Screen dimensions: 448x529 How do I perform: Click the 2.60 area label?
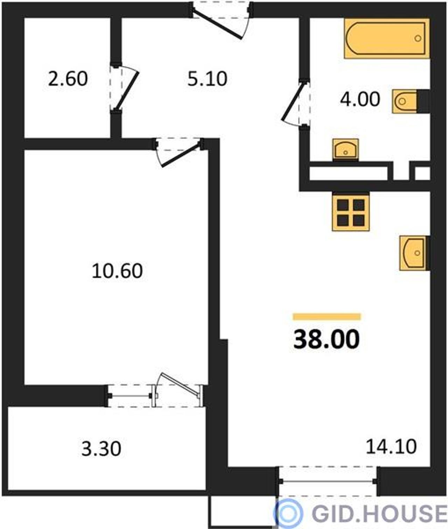68,79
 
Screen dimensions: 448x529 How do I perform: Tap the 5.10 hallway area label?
207,79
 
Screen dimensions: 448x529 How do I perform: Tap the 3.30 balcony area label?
101,449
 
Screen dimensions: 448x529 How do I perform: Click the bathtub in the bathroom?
387,39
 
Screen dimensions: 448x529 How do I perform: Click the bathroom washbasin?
345,150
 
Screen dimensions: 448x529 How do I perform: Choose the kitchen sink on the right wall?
414,253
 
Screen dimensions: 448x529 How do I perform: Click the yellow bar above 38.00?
327,317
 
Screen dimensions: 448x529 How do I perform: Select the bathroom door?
296,103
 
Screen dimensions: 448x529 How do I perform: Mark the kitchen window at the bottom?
328,481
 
